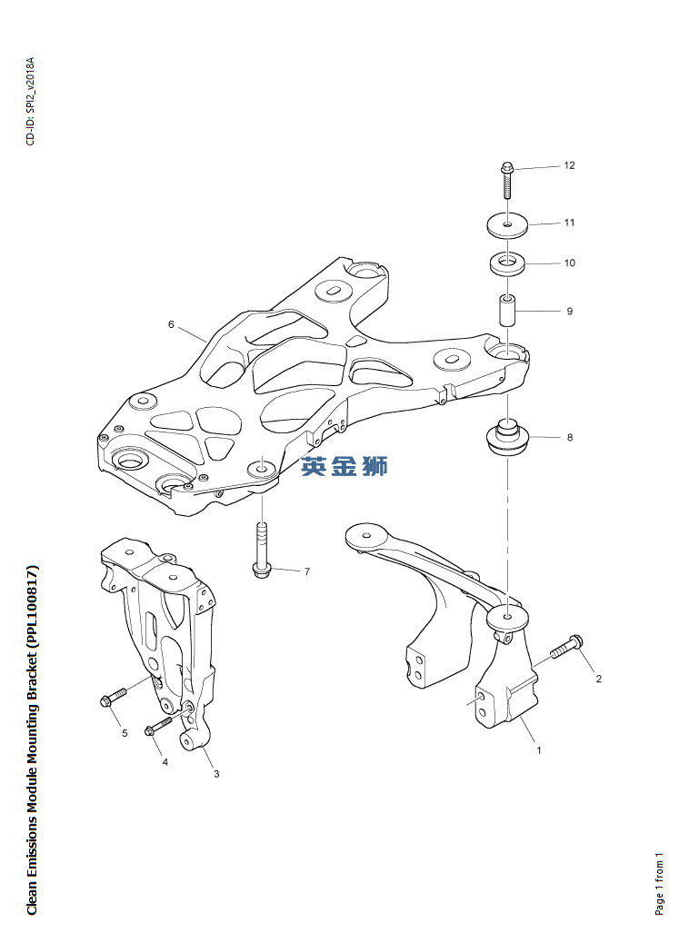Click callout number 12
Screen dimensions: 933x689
pos(570,165)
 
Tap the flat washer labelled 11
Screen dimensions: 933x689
pos(508,223)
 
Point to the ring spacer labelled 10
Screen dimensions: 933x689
pos(508,264)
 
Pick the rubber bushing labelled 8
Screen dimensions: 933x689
pos(506,438)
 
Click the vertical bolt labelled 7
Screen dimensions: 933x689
pos(261,549)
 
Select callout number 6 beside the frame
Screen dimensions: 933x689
pos(170,324)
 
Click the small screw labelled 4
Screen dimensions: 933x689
pos(158,727)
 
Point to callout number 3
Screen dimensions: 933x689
pos(216,774)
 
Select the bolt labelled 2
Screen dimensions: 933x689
pos(565,648)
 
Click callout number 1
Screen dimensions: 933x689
pos(539,750)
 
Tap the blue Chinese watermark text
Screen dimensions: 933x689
pos(344,466)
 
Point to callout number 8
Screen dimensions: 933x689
pos(570,438)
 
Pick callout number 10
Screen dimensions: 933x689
pos(570,263)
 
